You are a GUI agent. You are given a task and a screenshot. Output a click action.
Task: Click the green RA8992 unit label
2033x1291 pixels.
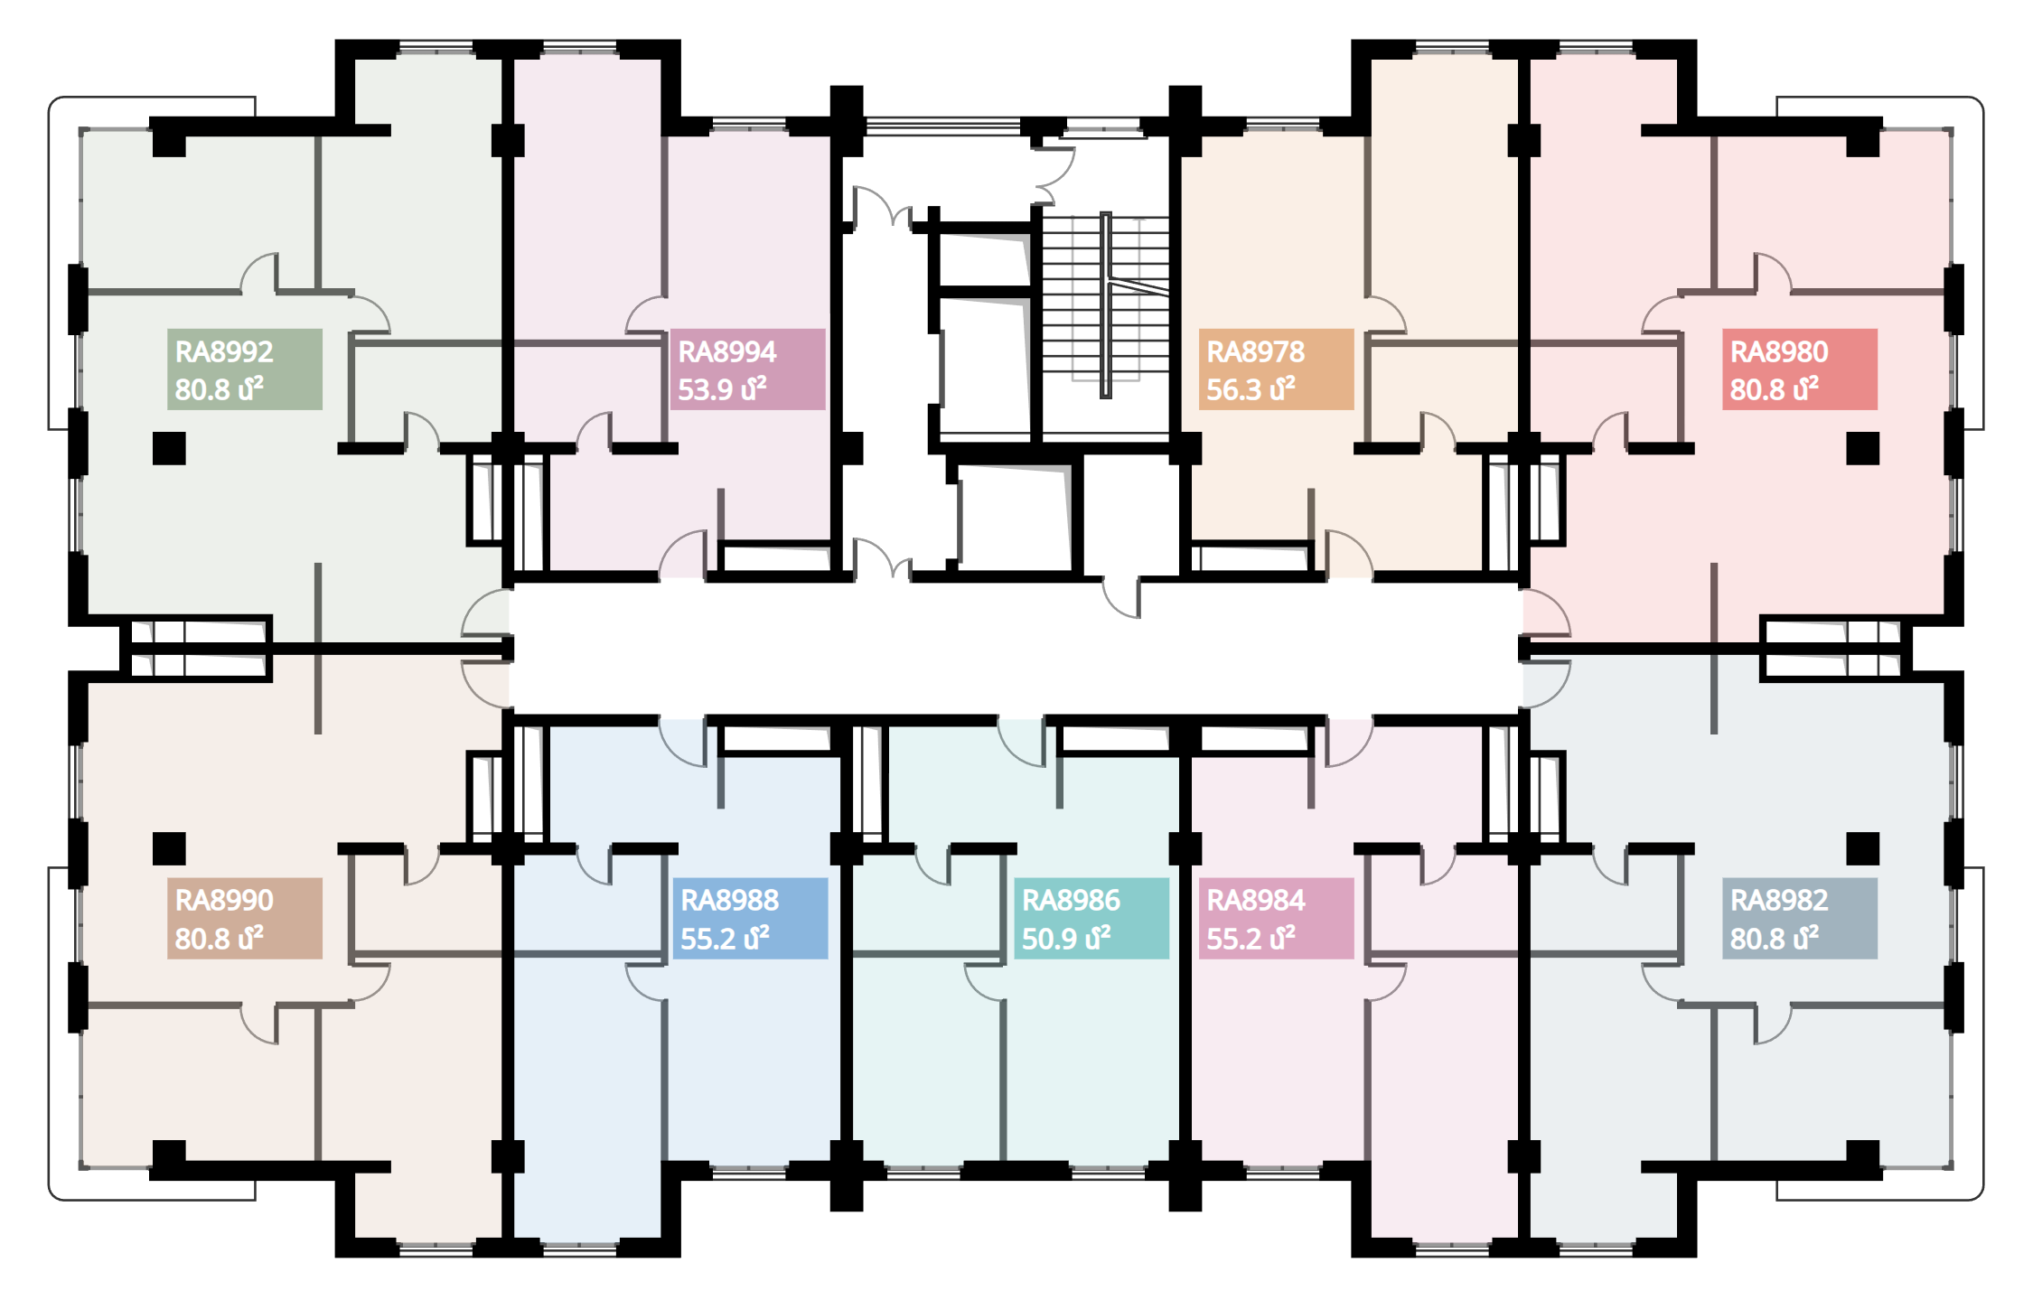pos(244,369)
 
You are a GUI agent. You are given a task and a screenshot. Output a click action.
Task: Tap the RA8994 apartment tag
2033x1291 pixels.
pos(747,369)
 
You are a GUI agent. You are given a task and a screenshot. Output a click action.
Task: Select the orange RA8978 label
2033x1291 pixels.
pos(1276,369)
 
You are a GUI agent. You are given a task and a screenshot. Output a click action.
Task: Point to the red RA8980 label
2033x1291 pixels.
pos(1799,369)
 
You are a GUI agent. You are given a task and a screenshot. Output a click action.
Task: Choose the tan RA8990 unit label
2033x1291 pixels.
pos(244,918)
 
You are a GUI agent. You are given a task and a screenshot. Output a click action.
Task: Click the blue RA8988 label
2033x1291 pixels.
pos(750,918)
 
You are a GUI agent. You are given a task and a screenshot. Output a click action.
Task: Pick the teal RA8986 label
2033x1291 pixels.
pos(1091,918)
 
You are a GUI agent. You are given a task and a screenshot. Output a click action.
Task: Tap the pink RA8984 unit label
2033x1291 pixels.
pos(1276,918)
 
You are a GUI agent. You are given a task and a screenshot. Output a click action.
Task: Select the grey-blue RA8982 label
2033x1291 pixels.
pos(1799,918)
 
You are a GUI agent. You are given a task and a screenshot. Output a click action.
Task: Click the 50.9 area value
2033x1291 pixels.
pos(1048,939)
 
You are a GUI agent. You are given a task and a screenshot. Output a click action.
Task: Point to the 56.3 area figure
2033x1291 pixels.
pos(1233,389)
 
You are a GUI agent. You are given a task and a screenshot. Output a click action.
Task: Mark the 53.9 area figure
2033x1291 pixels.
pos(705,389)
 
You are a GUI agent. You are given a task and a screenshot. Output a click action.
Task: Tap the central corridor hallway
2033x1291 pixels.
pos(1016,648)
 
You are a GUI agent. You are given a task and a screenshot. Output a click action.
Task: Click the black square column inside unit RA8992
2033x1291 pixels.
pos(169,448)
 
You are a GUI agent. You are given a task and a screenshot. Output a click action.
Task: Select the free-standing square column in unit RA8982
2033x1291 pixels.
pos(1862,848)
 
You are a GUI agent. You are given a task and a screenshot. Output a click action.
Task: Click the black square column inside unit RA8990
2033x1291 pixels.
pos(169,848)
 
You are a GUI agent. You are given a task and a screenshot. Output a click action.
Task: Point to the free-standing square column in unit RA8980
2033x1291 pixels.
pos(1862,448)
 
